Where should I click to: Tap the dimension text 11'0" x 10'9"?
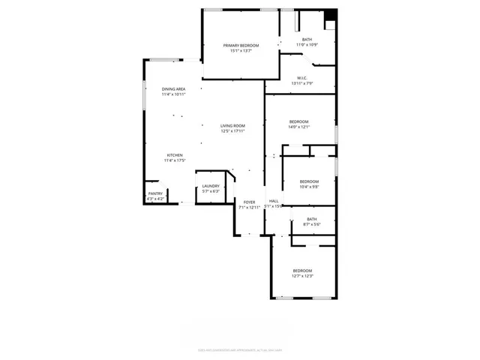pos(307,45)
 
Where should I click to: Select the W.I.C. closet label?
pos(301,78)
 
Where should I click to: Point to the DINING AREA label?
pos(173,89)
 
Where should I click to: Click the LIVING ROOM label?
pos(232,125)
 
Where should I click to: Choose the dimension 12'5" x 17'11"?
pos(232,131)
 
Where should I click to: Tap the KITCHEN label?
pos(175,155)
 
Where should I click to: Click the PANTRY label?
pos(155,193)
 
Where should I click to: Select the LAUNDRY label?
pos(211,186)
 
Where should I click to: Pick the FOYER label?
pos(249,202)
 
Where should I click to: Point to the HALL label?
pos(274,201)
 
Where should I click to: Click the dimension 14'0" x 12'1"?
pos(299,127)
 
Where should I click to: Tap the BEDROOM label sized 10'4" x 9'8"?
pos(309,181)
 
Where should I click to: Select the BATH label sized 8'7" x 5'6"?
pos(311,219)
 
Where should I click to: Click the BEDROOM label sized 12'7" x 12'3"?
pos(302,270)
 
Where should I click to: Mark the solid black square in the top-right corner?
pos(331,13)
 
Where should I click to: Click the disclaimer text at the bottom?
pos(239,349)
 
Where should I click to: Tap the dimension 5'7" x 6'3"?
pos(211,191)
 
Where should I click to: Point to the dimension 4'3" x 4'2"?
pos(155,199)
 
